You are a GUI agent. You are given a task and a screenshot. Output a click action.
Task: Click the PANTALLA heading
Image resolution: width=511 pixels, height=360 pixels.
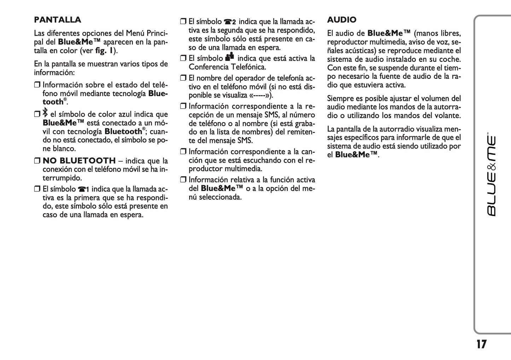tap(58, 20)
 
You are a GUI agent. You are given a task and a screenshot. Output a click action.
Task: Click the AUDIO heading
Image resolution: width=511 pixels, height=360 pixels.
tap(342, 20)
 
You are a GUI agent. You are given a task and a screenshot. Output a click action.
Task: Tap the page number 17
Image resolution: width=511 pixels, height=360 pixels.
tap(481, 344)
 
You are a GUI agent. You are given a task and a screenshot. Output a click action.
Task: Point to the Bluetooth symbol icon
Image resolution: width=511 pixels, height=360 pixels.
tap(45, 113)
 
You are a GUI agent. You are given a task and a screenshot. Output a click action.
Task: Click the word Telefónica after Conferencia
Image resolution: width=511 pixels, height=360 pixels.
tap(248, 67)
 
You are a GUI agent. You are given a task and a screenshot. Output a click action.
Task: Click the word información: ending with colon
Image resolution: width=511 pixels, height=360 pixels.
tap(54, 72)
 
